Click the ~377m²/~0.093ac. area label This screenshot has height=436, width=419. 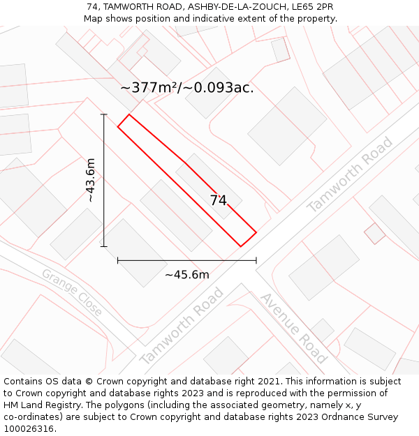tap(186, 88)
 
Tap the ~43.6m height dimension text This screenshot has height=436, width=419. tap(91, 180)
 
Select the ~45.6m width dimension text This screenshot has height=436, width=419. tap(186, 275)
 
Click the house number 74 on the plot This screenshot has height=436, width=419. tap(219, 200)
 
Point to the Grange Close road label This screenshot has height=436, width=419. tap(72, 292)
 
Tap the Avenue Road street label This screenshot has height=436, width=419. tap(293, 327)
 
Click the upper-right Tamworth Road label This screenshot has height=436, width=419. tap(350, 174)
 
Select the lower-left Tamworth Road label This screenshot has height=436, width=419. tap(182, 326)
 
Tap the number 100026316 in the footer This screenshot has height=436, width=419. tap(29, 429)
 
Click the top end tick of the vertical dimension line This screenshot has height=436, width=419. tap(104, 114)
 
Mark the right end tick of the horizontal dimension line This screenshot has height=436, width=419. tap(256, 260)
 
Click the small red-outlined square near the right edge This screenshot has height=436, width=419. tap(375, 233)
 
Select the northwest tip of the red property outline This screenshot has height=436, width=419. tap(128, 114)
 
